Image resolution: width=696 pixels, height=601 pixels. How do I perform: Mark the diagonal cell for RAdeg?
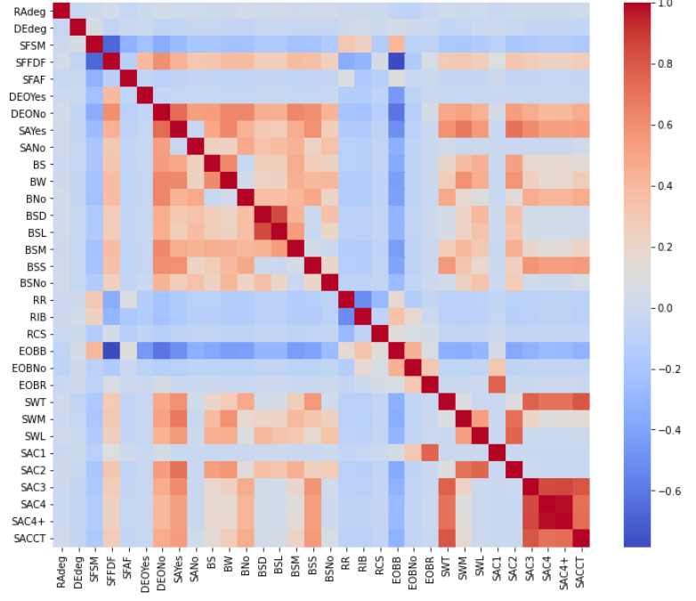[x=60, y=10]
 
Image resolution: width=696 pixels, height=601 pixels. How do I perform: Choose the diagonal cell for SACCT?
[x=581, y=537]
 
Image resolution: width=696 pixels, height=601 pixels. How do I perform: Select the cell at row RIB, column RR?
[x=346, y=315]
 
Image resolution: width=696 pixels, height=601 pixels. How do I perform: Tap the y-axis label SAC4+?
[x=29, y=520]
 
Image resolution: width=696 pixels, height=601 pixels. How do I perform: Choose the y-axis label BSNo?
[x=31, y=282]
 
